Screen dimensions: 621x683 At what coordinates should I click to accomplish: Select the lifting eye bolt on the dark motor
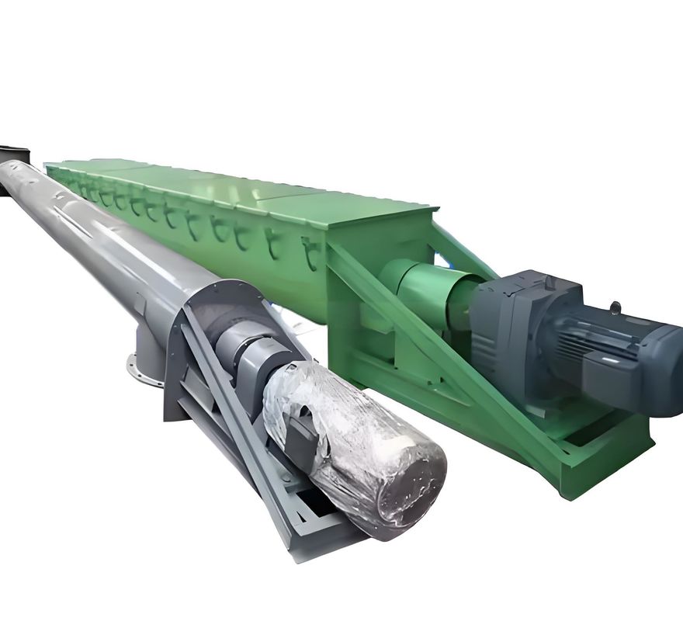pyautogui.click(x=615, y=308)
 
